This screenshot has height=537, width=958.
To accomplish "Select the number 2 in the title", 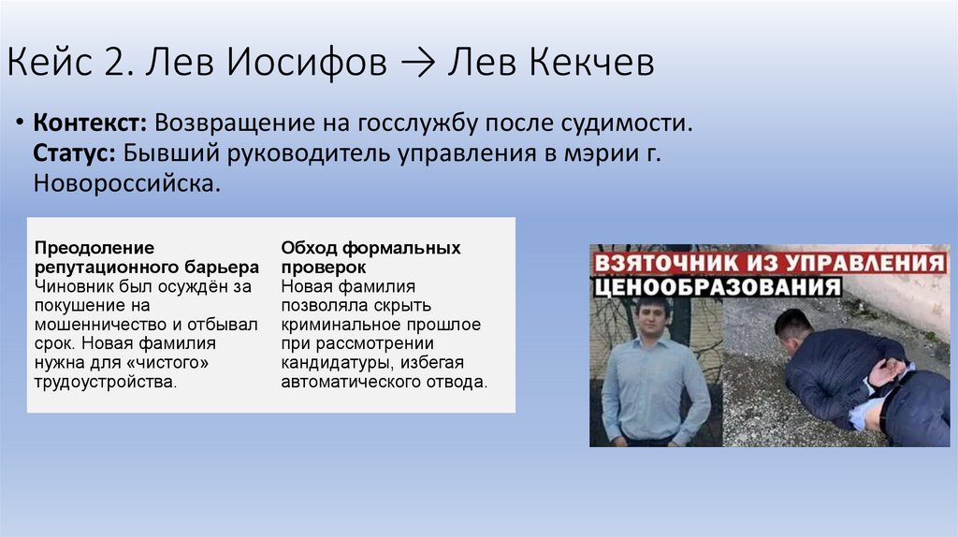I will [x=133, y=65].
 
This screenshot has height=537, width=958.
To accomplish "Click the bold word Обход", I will [x=309, y=247].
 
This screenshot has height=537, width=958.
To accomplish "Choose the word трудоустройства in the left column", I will [x=104, y=382].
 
